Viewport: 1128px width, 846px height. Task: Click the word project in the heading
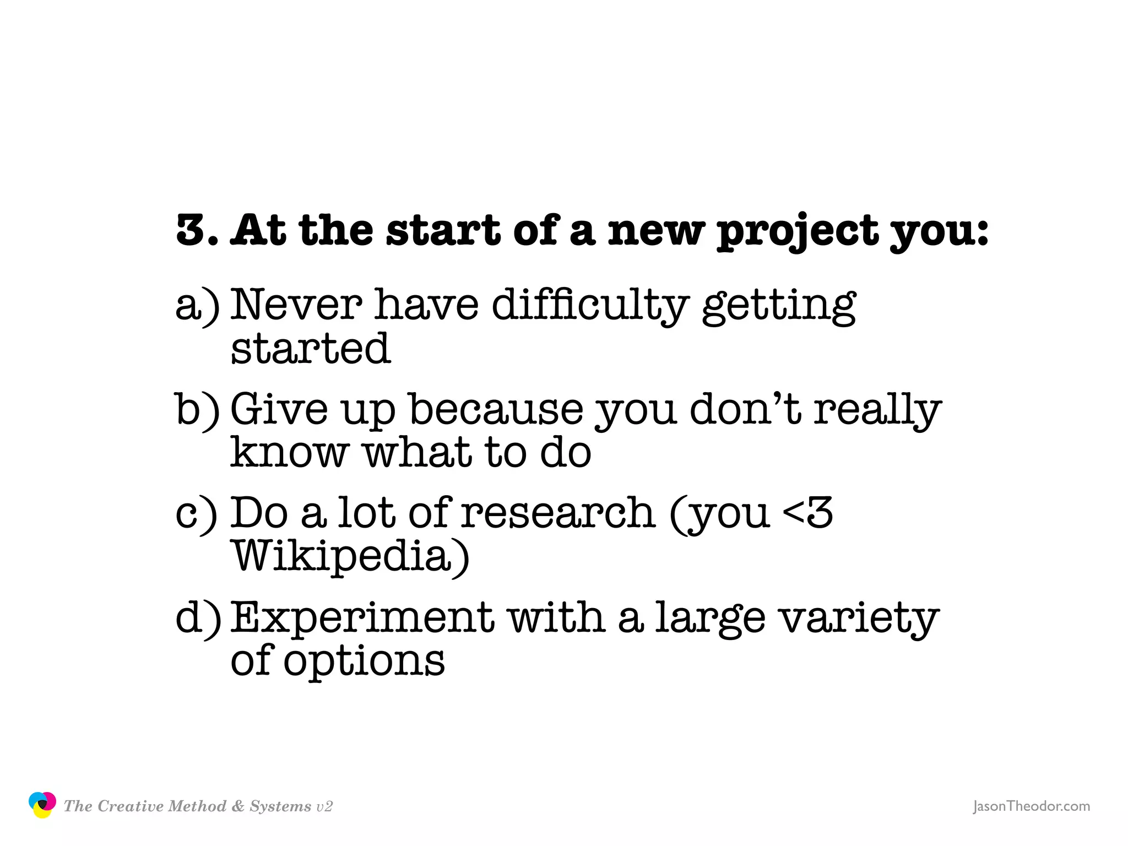[x=798, y=231]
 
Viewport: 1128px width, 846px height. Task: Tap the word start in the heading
[x=443, y=230]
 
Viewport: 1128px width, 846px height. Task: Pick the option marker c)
[x=196, y=514]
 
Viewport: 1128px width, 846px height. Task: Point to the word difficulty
[x=590, y=306]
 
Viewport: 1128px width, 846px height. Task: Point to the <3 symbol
[x=807, y=513]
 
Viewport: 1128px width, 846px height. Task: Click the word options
[x=364, y=661]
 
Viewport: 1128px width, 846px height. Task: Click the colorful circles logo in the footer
[x=42, y=805]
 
